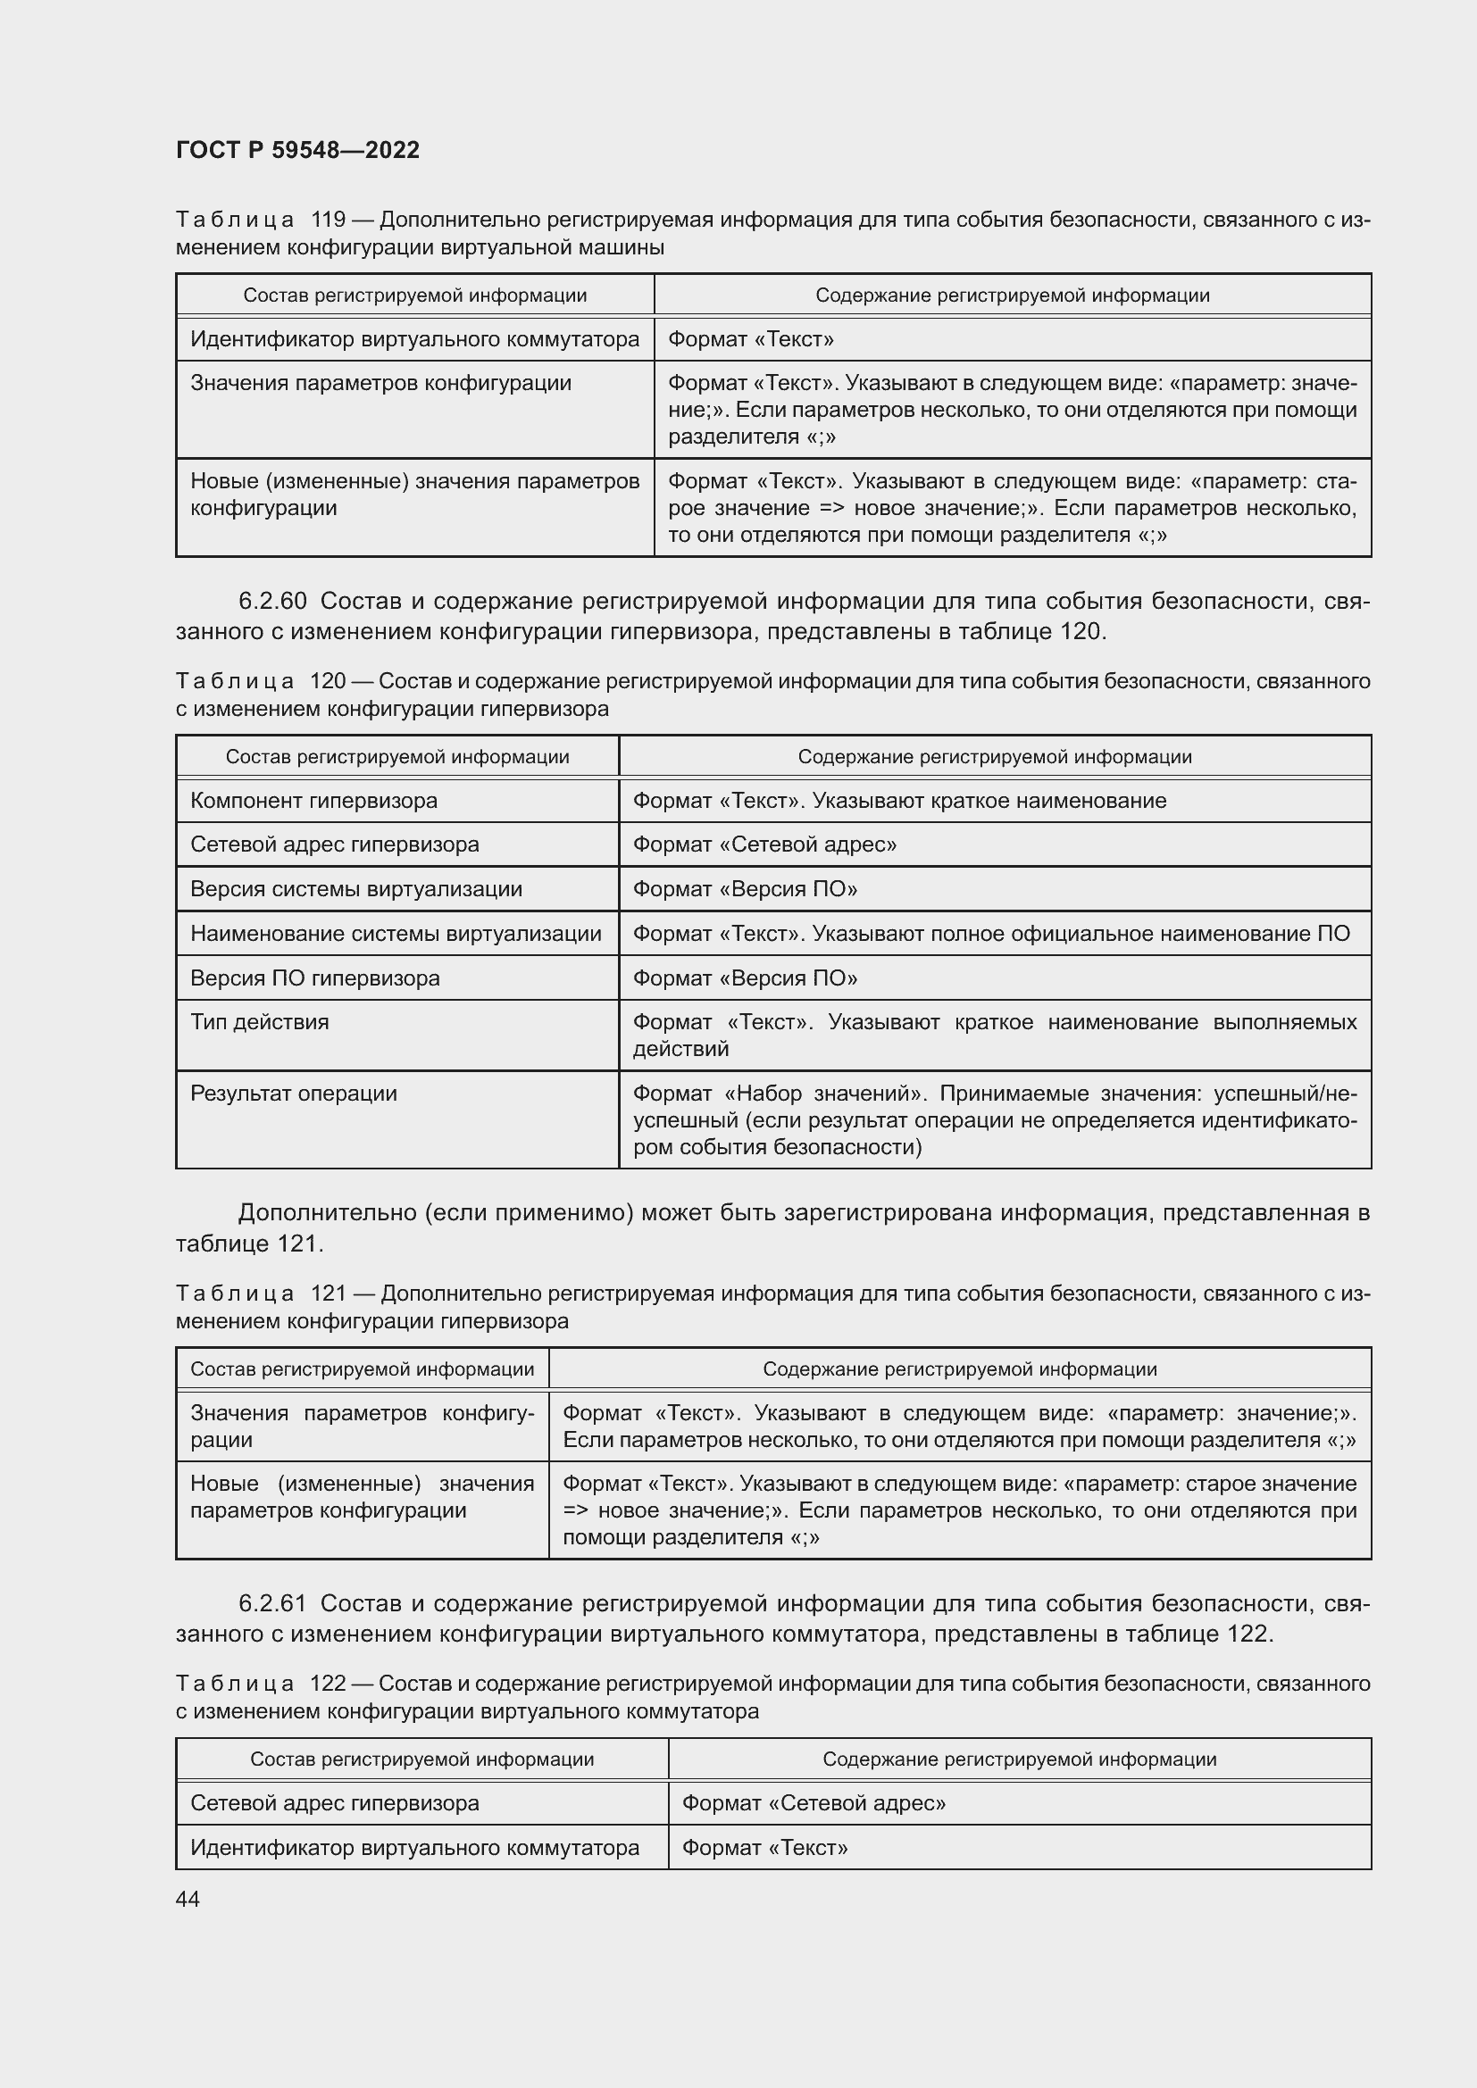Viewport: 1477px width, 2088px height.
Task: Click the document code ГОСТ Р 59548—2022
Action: click(297, 150)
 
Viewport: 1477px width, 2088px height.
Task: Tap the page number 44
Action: click(188, 1899)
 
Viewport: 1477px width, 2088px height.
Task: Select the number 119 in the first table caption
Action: click(328, 220)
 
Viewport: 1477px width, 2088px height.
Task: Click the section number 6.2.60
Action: click(272, 601)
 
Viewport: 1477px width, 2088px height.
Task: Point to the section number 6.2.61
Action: click(272, 1603)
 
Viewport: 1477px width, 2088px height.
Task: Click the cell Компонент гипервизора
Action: click(313, 800)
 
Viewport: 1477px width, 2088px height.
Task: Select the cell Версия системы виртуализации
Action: click(355, 888)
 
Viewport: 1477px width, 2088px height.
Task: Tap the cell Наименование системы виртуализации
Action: click(396, 933)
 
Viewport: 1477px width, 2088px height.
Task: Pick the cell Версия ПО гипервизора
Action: click(314, 977)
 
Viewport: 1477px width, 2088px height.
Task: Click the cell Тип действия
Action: click(259, 1022)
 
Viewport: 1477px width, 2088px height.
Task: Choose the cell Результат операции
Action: click(293, 1094)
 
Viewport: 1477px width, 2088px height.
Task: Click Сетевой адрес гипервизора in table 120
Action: click(334, 844)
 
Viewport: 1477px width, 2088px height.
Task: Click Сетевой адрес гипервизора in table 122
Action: click(334, 1802)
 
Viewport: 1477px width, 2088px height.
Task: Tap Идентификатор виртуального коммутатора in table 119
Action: click(413, 339)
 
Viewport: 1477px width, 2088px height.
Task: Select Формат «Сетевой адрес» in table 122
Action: click(814, 1802)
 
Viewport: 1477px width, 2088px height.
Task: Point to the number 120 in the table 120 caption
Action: click(328, 681)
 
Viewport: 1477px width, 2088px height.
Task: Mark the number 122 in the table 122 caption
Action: click(328, 1684)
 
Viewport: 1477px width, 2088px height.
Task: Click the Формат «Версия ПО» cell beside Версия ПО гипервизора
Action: click(744, 977)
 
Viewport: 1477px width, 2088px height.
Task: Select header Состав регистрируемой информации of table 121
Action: click(362, 1368)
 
